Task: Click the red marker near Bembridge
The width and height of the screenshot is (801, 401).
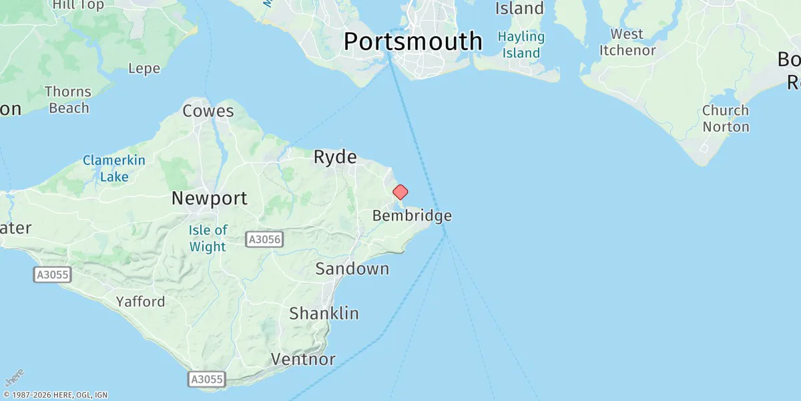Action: pyautogui.click(x=400, y=192)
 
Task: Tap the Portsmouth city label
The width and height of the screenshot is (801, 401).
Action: pyautogui.click(x=413, y=41)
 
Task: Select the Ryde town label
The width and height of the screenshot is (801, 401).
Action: pyautogui.click(x=335, y=157)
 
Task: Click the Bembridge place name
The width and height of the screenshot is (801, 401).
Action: pyautogui.click(x=412, y=216)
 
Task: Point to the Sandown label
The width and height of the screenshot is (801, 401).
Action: pyautogui.click(x=352, y=269)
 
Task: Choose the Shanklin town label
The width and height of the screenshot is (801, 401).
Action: pyautogui.click(x=324, y=313)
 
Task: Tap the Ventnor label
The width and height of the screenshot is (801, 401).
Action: pyautogui.click(x=303, y=359)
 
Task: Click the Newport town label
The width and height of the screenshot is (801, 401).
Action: pyautogui.click(x=209, y=198)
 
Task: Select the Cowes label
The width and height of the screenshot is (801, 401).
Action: pyautogui.click(x=208, y=111)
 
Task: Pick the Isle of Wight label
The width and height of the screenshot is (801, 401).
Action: pyautogui.click(x=208, y=239)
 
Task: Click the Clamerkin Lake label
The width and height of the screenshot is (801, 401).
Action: pyautogui.click(x=114, y=168)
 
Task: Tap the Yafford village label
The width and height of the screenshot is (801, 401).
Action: pyautogui.click(x=140, y=301)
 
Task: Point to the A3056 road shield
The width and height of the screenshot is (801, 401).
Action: pyautogui.click(x=264, y=239)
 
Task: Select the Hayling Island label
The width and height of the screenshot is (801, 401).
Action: pyautogui.click(x=522, y=45)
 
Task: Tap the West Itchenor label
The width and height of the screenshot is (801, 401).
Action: pyautogui.click(x=627, y=42)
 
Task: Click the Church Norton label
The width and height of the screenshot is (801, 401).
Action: pyautogui.click(x=726, y=118)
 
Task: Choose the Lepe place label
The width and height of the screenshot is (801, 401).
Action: pyautogui.click(x=144, y=68)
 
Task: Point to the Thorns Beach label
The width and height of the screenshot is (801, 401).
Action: pyautogui.click(x=68, y=100)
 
